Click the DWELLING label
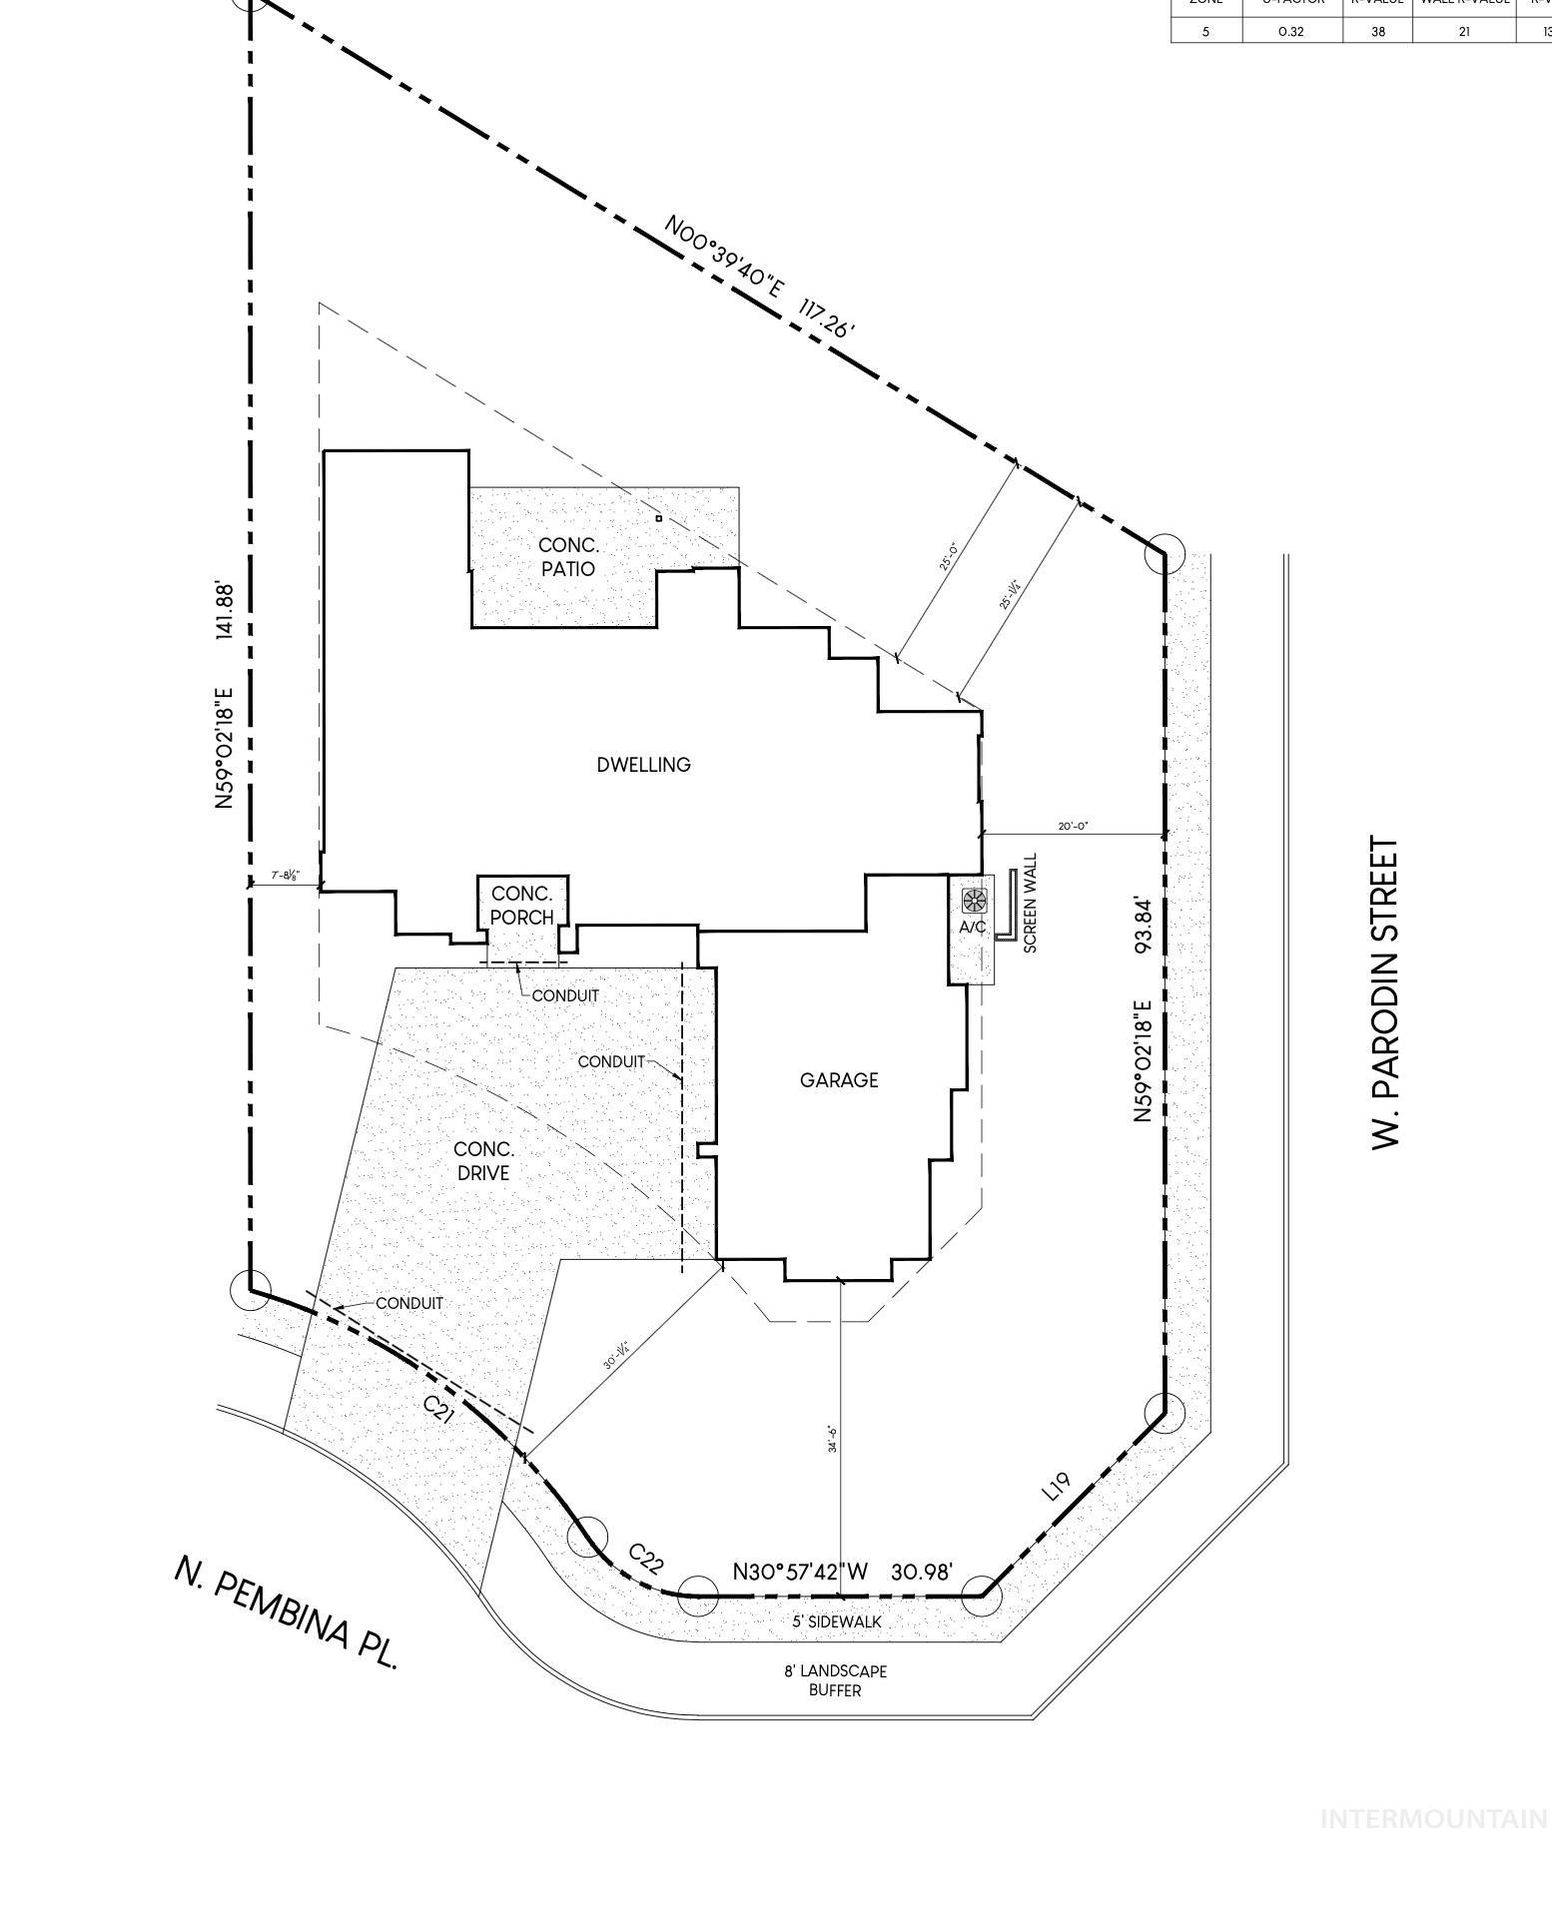(643, 765)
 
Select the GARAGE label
(839, 1080)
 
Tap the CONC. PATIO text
(567, 557)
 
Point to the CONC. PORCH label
(521, 905)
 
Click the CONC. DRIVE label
(483, 1161)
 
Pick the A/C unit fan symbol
(973, 901)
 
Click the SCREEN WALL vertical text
(1031, 903)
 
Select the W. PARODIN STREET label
(1386, 992)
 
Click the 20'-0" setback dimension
(1073, 826)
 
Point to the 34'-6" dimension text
(832, 1439)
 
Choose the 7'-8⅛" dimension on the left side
(285, 876)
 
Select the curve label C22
(645, 1559)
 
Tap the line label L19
(1057, 1486)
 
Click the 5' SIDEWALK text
(837, 1622)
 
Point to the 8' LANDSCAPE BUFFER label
(835, 1680)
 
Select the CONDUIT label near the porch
(565, 995)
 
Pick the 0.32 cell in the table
(1291, 31)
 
